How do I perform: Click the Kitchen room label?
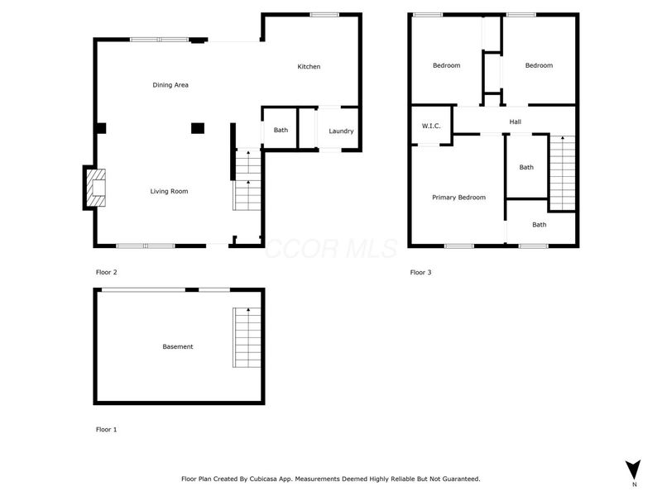(309, 67)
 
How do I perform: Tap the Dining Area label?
(170, 85)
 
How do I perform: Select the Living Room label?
(169, 192)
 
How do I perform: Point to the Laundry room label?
(341, 131)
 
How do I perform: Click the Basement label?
(178, 347)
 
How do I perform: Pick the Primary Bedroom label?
(458, 198)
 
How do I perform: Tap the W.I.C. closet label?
(430, 126)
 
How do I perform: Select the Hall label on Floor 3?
(516, 122)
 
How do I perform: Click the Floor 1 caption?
(107, 430)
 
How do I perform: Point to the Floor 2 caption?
(107, 272)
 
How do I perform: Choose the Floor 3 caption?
(420, 272)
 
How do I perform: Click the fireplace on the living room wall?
(94, 188)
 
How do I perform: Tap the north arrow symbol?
(633, 470)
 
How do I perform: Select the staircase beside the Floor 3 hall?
(562, 173)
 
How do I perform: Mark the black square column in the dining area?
(198, 128)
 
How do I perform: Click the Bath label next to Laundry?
(281, 130)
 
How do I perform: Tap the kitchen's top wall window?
(324, 14)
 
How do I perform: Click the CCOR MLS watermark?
(331, 248)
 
